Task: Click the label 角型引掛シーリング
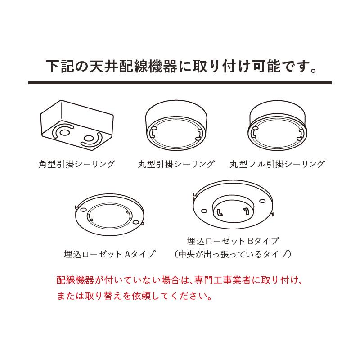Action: coord(77,164)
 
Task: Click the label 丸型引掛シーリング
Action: coord(176,164)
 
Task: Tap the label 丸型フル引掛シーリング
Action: coord(277,164)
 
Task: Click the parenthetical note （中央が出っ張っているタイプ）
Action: coord(233,254)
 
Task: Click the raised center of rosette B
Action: coord(233,208)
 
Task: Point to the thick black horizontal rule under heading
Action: coord(180,83)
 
